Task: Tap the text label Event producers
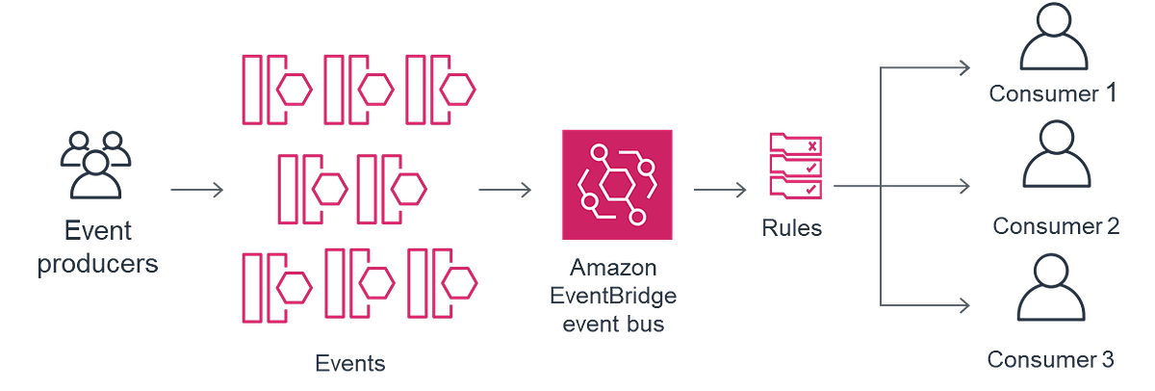point(96,248)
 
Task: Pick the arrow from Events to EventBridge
point(503,188)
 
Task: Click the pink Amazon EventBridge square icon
point(615,185)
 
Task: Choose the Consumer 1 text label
point(1051,95)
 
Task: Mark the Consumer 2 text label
point(1055,227)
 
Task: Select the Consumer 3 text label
point(1050,360)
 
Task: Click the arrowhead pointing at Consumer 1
point(962,66)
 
